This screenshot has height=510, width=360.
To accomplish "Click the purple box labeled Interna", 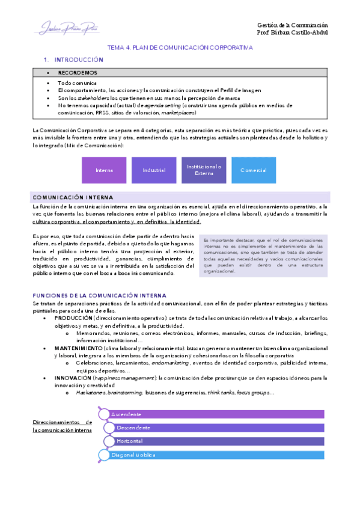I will [104, 170].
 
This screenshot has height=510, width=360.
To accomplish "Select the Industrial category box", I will [154, 170].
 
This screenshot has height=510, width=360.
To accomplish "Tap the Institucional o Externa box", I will [204, 170].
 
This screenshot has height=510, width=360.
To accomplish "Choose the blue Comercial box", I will [253, 170].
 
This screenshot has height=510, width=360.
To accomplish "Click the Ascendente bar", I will [216, 414].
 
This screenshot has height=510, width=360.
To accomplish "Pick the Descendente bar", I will [216, 428].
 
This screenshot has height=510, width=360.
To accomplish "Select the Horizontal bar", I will [216, 441].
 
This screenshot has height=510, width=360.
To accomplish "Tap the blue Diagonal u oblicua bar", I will [216, 455].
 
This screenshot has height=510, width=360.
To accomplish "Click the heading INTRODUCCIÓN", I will [79, 60].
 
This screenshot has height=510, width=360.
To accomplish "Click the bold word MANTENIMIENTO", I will [78, 348].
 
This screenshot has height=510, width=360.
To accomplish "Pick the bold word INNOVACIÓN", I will [73, 378].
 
